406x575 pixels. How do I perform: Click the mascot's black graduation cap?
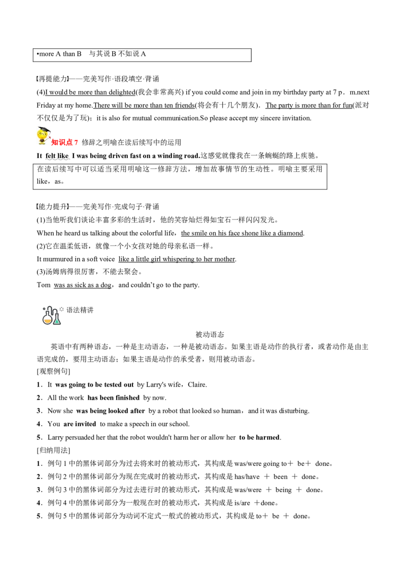[x=44, y=130]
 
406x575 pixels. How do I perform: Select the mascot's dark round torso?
[x=42, y=140]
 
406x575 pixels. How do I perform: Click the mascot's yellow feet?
[x=42, y=144]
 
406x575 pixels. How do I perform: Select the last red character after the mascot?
[x=77, y=143]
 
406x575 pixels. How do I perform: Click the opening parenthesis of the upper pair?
[x=39, y=78]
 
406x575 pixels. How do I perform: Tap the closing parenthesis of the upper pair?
[x=67, y=78]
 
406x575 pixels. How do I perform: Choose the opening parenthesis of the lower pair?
[x=39, y=207]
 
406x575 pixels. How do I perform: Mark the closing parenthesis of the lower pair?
[x=67, y=207]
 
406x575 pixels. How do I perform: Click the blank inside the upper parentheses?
[x=53, y=78]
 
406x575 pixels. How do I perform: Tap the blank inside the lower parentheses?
[x=53, y=207]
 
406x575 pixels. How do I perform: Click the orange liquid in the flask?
[x=48, y=321]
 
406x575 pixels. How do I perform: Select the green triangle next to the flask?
[x=57, y=321]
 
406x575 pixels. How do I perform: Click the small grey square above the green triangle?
[x=62, y=309]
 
